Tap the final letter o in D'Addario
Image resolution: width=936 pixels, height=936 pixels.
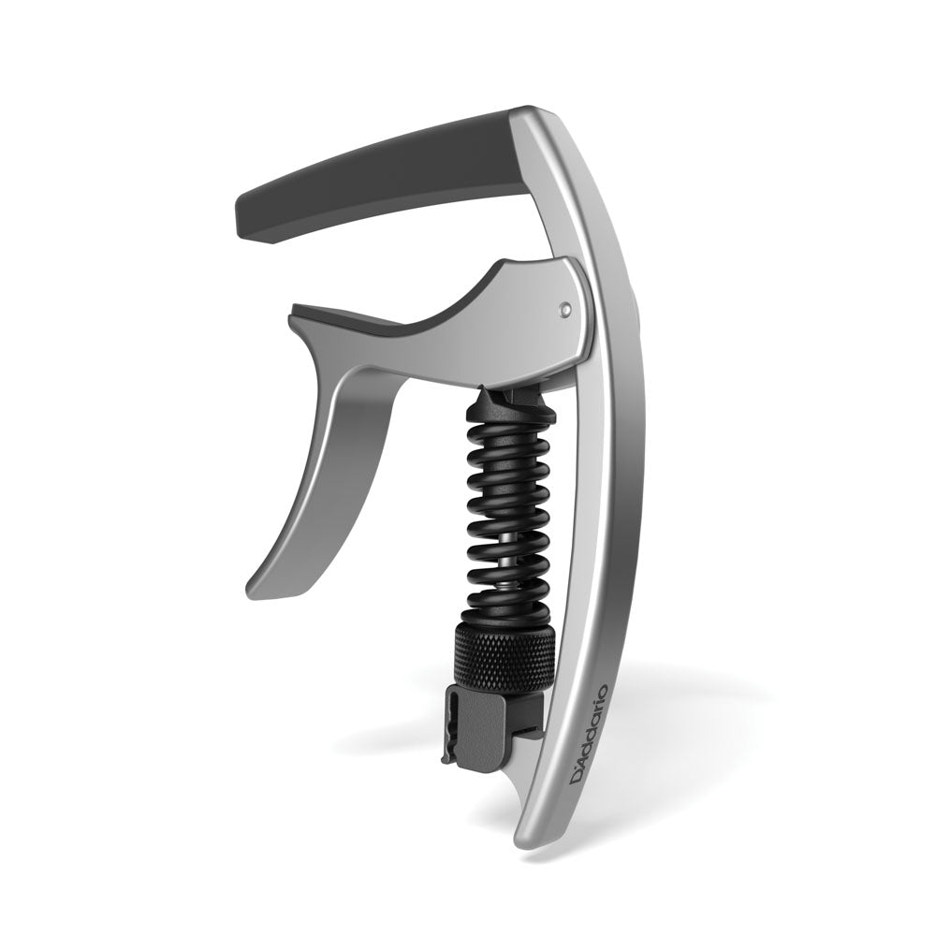pyautogui.click(x=601, y=691)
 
